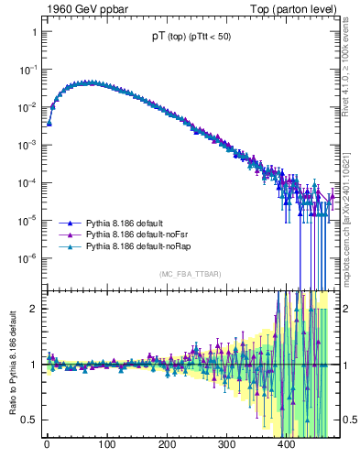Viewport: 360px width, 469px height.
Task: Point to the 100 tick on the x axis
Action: [106, 447]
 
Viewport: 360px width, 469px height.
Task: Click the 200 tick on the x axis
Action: [167, 447]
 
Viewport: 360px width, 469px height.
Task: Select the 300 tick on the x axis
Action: [226, 447]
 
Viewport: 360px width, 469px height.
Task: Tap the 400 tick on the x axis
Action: [287, 447]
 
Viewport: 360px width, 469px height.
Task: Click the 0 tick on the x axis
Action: [47, 447]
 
